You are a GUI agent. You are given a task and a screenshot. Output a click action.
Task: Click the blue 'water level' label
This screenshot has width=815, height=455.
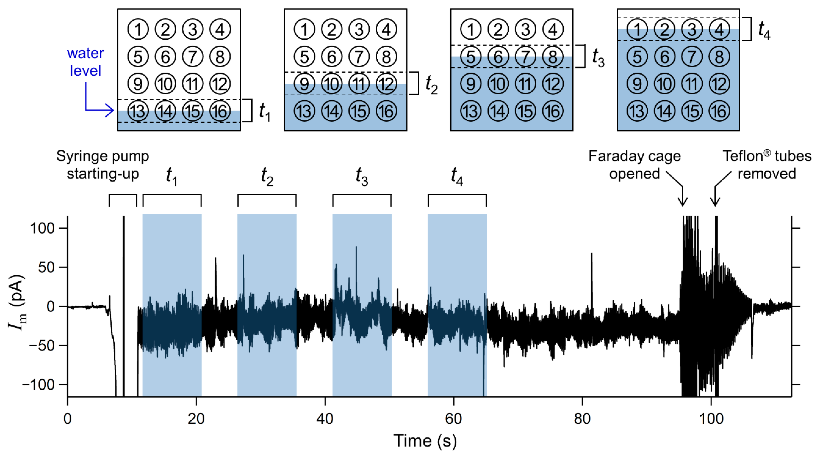click(86, 62)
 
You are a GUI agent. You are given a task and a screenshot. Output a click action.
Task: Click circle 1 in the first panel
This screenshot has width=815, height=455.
click(138, 29)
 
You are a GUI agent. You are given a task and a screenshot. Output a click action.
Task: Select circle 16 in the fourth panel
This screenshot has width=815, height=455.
click(719, 111)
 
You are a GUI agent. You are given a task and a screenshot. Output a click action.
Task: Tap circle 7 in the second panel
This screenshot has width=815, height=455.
click(359, 57)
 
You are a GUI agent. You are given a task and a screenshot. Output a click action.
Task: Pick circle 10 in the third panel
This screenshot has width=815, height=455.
click(498, 84)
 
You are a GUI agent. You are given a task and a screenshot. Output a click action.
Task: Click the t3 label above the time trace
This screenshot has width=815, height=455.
click(362, 176)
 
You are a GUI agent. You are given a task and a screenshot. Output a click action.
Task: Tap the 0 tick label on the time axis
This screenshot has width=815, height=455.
click(67, 419)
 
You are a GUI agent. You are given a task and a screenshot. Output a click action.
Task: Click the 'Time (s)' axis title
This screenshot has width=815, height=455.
click(425, 441)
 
